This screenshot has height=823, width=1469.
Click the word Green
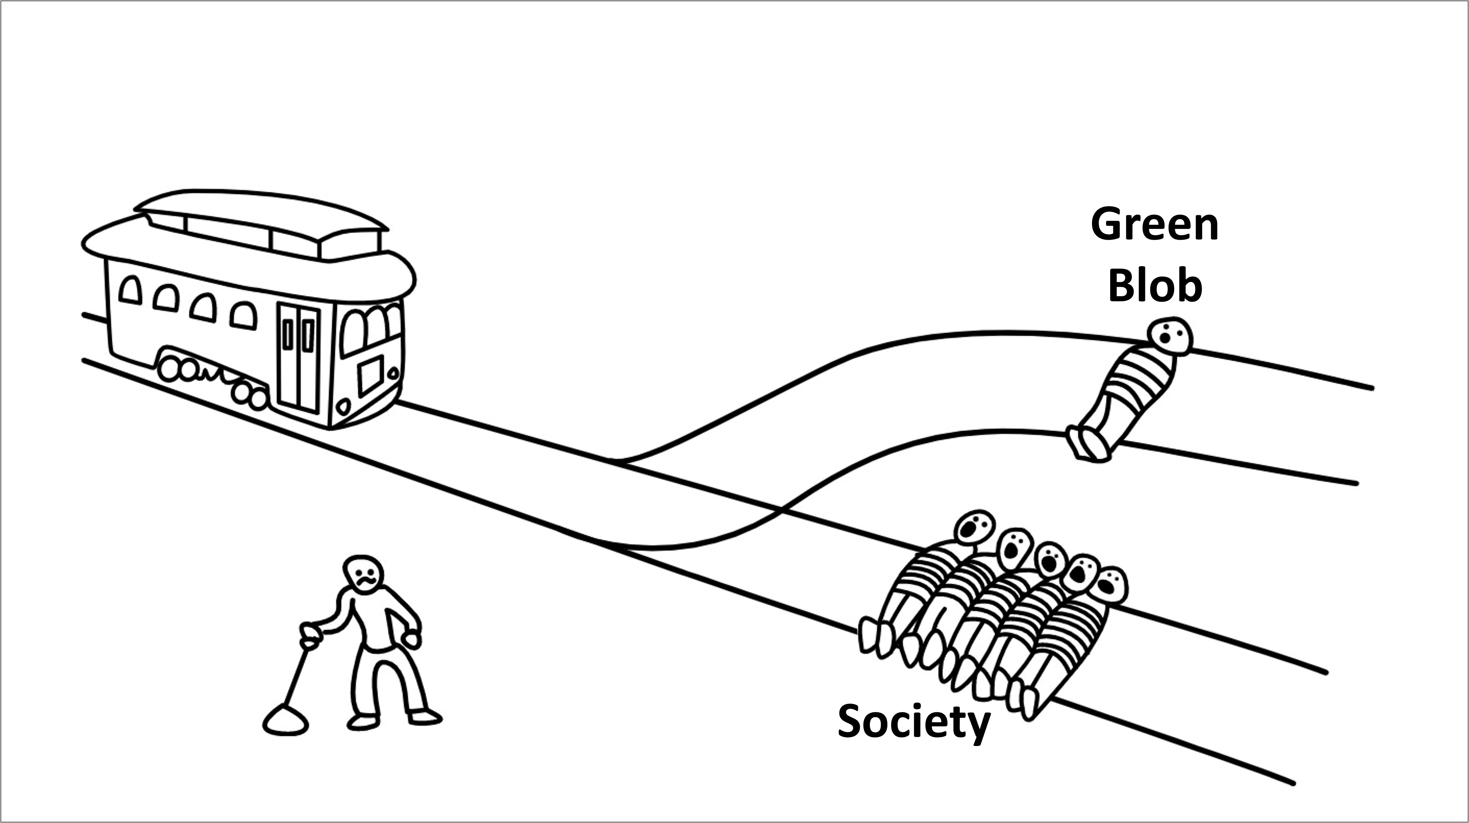(1155, 225)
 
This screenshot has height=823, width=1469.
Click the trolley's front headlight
(344, 407)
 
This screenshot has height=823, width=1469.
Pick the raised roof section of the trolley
(262, 225)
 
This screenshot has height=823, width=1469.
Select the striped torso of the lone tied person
(1135, 382)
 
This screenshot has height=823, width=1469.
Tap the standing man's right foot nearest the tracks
(425, 716)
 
